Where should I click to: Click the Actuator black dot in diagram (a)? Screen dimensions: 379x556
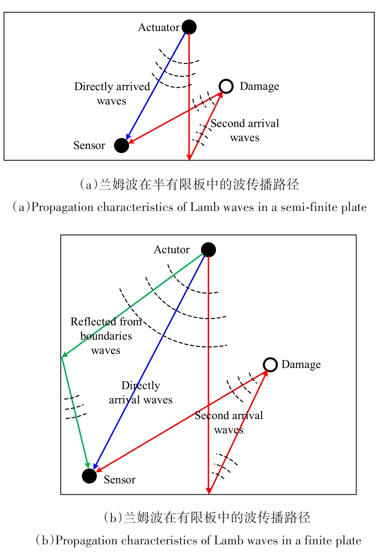tap(189, 27)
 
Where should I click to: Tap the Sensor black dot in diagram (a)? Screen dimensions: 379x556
tap(122, 145)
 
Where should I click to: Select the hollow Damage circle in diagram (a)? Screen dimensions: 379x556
tap(226, 87)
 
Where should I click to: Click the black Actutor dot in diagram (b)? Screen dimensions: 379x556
tap(208, 250)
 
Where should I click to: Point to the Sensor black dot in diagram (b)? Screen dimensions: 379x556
tap(89, 476)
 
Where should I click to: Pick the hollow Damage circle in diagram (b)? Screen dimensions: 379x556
tap(270, 365)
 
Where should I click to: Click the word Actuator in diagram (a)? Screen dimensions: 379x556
tap(159, 27)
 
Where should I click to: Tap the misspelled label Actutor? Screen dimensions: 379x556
tap(172, 250)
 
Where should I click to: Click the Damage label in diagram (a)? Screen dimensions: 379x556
tap(260, 87)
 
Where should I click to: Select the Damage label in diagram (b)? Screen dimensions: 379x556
tap(301, 365)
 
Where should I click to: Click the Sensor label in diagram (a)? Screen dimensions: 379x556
tap(89, 145)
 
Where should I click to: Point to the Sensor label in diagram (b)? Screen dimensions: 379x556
tap(119, 480)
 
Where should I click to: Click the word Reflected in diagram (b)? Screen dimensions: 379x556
tap(93, 322)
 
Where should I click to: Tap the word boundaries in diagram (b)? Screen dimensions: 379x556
tap(106, 336)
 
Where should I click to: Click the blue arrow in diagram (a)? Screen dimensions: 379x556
tap(156, 86)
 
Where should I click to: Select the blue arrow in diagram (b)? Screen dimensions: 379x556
tap(150, 362)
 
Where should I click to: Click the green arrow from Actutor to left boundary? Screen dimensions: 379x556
tap(133, 305)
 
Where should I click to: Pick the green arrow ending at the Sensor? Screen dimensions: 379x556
tap(75, 413)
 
